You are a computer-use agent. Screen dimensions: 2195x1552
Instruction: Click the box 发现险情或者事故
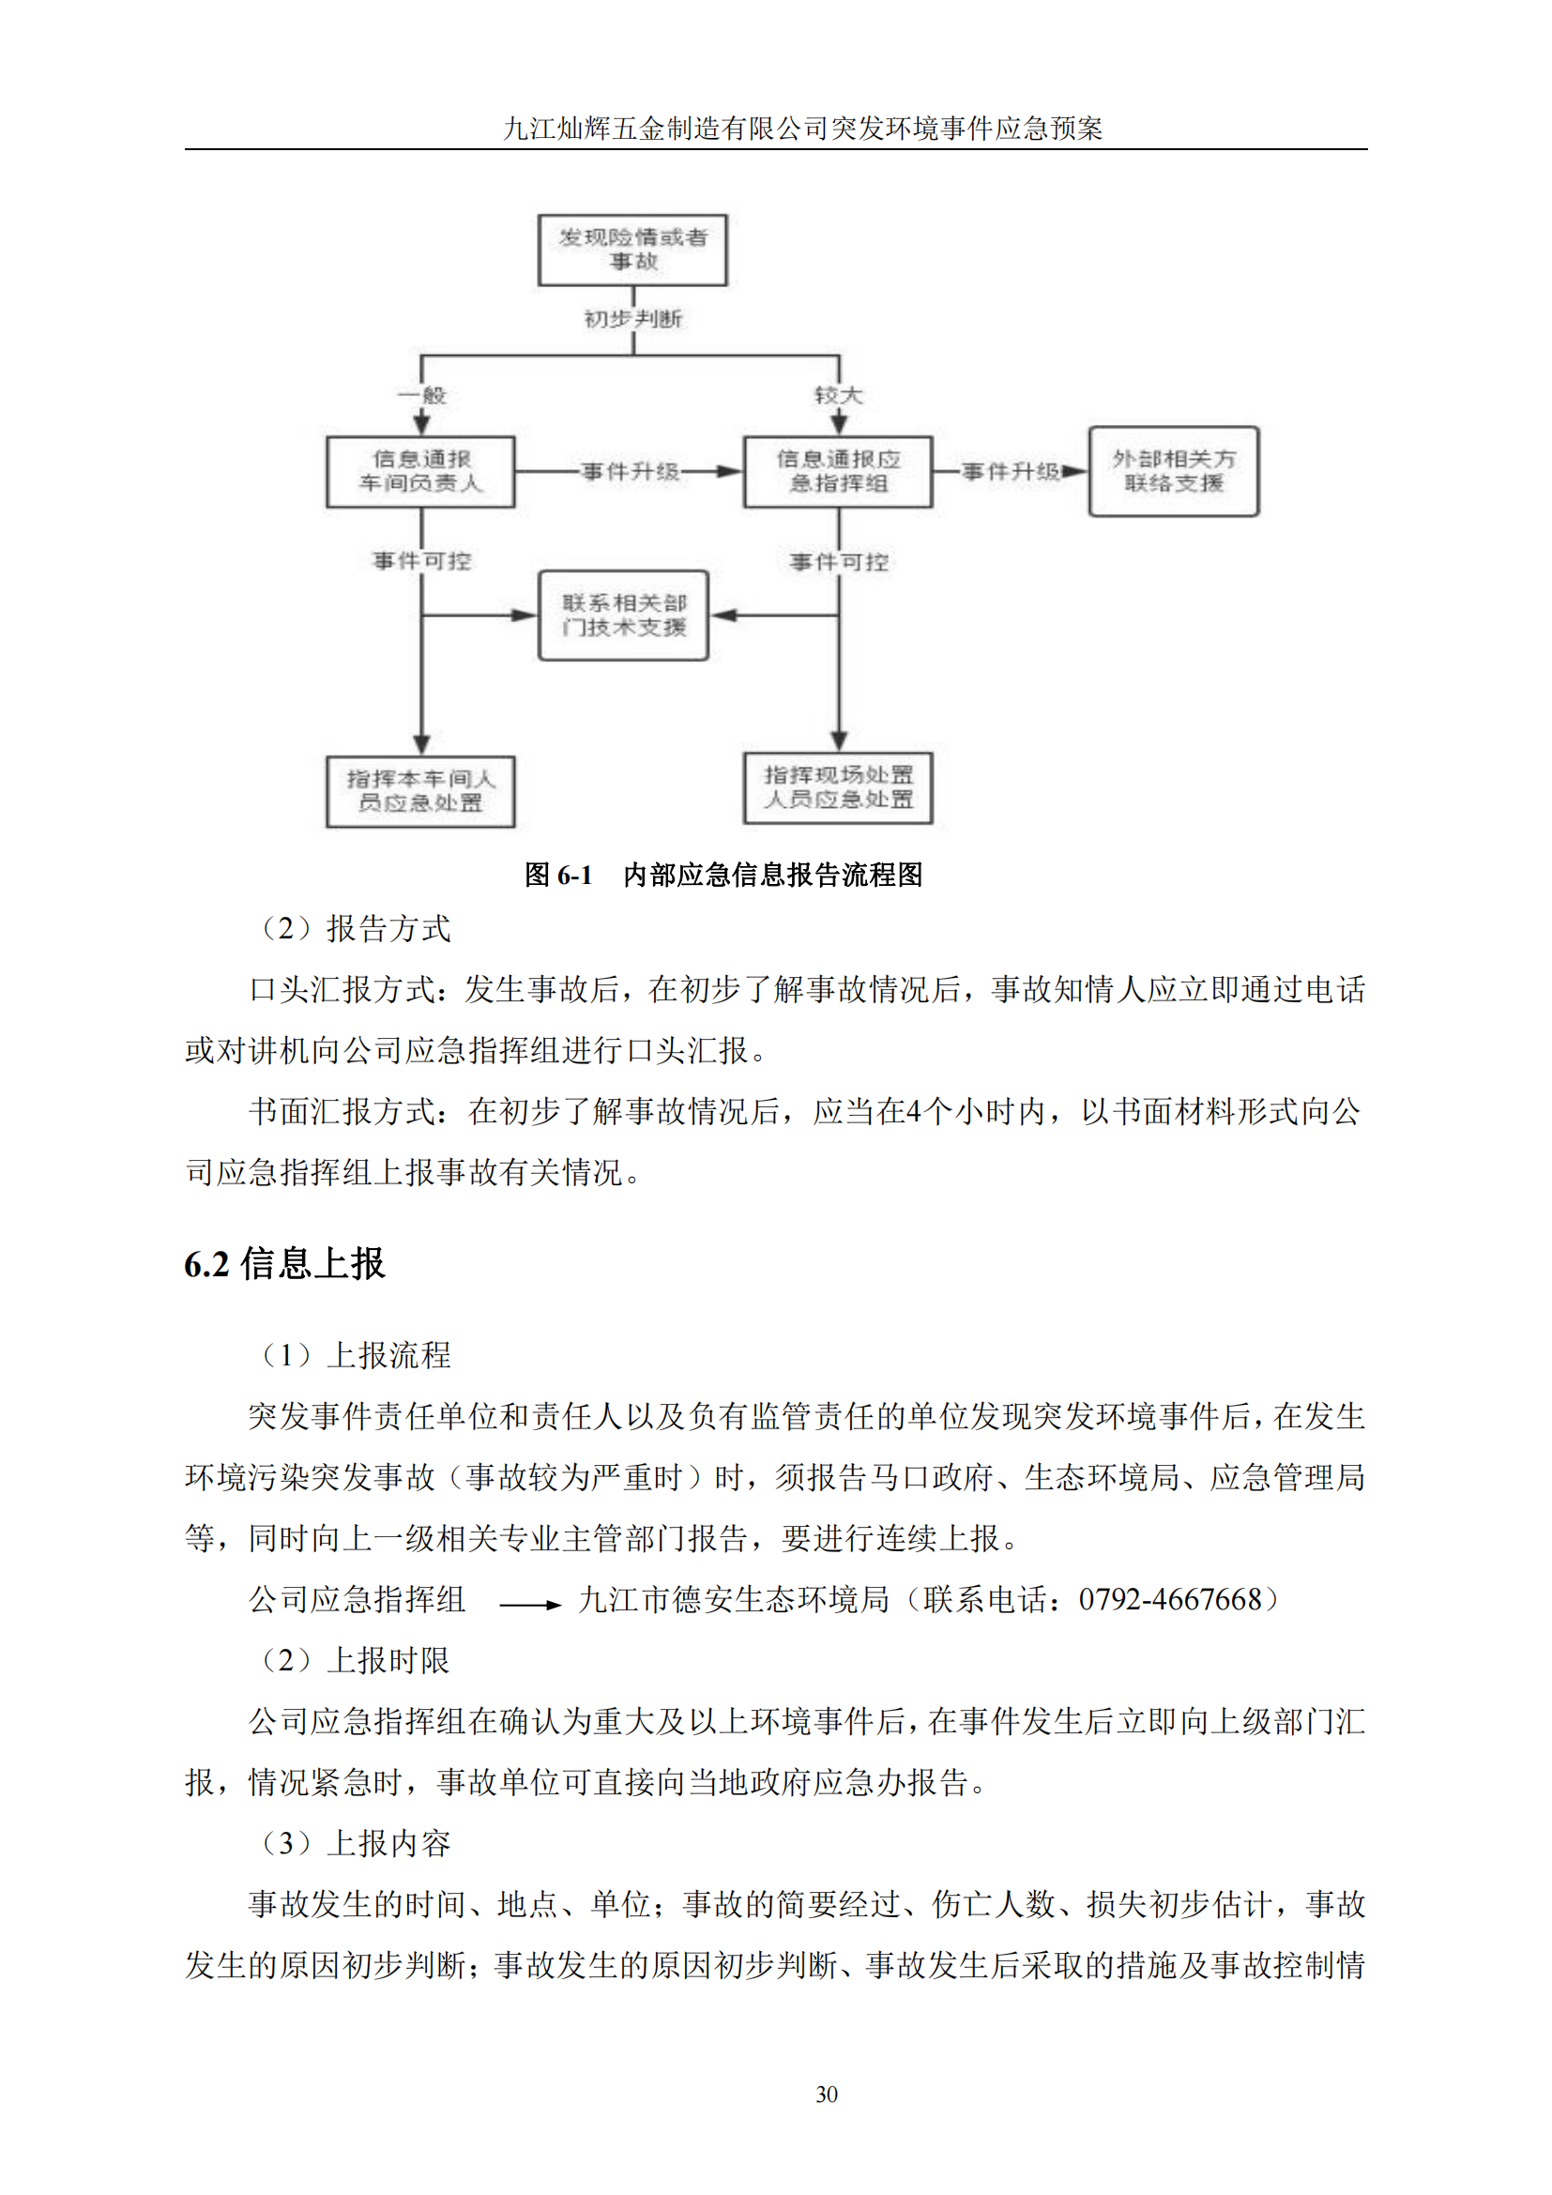coord(631,250)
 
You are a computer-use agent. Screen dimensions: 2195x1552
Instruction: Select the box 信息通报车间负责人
coord(420,471)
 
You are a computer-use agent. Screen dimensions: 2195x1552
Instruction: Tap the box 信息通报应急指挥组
coord(837,471)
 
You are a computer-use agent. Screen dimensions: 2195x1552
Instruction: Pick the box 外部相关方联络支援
coord(1173,471)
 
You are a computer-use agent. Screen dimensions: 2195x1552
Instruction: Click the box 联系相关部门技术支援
coord(623,615)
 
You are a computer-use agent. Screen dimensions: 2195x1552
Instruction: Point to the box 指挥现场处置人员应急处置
coord(837,787)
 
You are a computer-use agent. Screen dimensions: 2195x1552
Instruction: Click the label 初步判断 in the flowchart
coord(632,318)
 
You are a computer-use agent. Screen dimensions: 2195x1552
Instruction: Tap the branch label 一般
coord(421,395)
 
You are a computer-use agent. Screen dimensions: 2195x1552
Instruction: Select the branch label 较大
coord(838,395)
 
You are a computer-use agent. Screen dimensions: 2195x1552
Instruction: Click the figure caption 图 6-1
coord(558,875)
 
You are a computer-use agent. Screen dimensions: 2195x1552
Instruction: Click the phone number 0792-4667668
coord(1170,1599)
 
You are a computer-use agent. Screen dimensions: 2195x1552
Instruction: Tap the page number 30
coord(826,2095)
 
